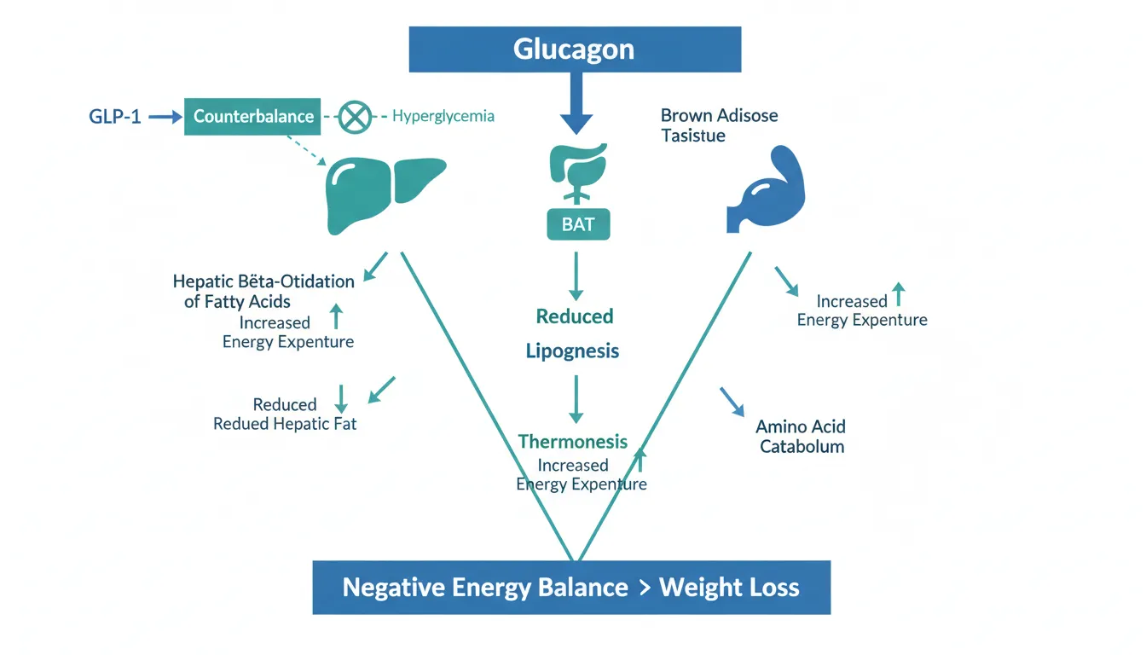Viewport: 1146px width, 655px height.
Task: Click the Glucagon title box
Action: [x=575, y=49]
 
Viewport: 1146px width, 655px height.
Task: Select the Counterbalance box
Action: [x=253, y=116]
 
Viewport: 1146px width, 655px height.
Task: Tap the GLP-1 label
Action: [x=115, y=117]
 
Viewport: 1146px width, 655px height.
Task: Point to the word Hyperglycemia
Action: [x=443, y=116]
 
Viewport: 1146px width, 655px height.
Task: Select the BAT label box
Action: [x=577, y=225]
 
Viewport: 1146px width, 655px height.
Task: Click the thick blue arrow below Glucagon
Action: [x=576, y=103]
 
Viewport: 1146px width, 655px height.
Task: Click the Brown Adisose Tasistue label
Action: [x=719, y=125]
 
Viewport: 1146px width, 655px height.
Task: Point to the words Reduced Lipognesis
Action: [x=574, y=333]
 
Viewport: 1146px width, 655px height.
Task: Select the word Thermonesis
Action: [x=573, y=442]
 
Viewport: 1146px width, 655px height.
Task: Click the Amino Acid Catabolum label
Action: [x=801, y=436]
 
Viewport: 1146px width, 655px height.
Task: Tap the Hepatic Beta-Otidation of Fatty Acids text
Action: [x=263, y=291]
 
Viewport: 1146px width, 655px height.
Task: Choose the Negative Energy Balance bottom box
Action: [x=571, y=588]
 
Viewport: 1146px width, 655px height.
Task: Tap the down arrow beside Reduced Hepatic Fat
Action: [x=342, y=397]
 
